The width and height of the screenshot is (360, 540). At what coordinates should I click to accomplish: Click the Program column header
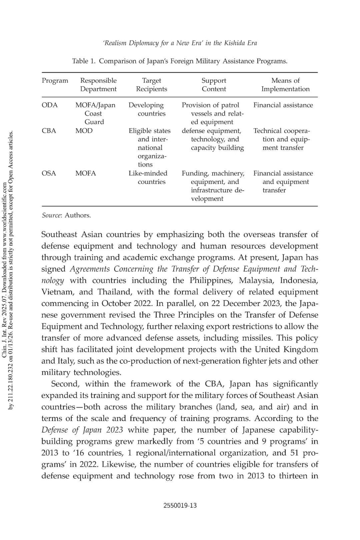click(55, 81)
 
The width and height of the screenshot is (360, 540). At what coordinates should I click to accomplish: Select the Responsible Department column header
click(98, 85)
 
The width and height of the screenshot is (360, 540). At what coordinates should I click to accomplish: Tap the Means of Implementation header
click(285, 85)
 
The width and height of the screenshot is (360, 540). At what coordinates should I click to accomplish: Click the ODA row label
click(49, 105)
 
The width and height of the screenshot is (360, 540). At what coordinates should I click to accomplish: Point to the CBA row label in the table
click(49, 131)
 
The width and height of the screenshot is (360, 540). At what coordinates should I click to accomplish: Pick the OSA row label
click(49, 173)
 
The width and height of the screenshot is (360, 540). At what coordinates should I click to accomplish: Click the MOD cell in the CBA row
click(84, 131)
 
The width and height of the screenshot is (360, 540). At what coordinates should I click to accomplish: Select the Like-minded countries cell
click(148, 177)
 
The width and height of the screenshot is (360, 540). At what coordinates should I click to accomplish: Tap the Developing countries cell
click(147, 109)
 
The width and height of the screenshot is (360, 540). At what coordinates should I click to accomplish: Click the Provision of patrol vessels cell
click(213, 113)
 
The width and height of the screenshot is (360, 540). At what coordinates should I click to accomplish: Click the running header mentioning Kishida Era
click(180, 43)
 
